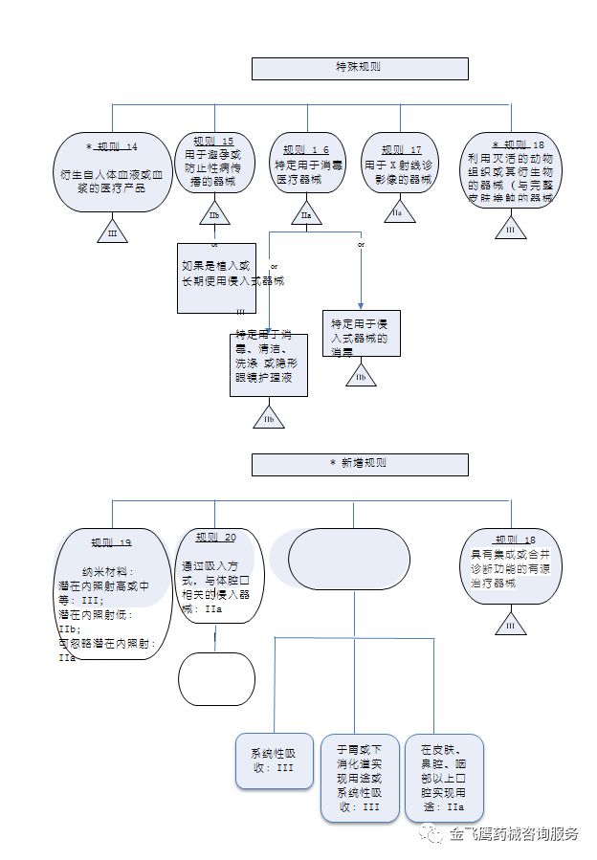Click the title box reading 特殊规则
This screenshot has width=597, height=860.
[360, 68]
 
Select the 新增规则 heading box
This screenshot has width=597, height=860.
[360, 464]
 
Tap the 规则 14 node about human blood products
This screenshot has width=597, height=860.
[112, 172]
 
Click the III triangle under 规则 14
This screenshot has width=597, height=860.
[112, 231]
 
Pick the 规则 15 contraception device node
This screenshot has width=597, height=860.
[213, 165]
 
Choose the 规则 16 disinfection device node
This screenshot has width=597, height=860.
[306, 165]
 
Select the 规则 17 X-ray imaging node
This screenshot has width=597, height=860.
[399, 164]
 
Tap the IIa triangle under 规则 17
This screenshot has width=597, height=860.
[397, 212]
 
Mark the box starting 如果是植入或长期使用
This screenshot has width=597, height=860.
[214, 278]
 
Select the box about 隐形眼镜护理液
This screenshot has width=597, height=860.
[269, 364]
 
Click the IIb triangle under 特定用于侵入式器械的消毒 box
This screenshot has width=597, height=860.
[361, 375]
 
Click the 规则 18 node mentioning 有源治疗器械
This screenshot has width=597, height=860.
[511, 565]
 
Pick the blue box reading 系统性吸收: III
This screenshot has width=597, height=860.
[274, 761]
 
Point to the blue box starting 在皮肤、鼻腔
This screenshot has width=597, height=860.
[444, 777]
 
